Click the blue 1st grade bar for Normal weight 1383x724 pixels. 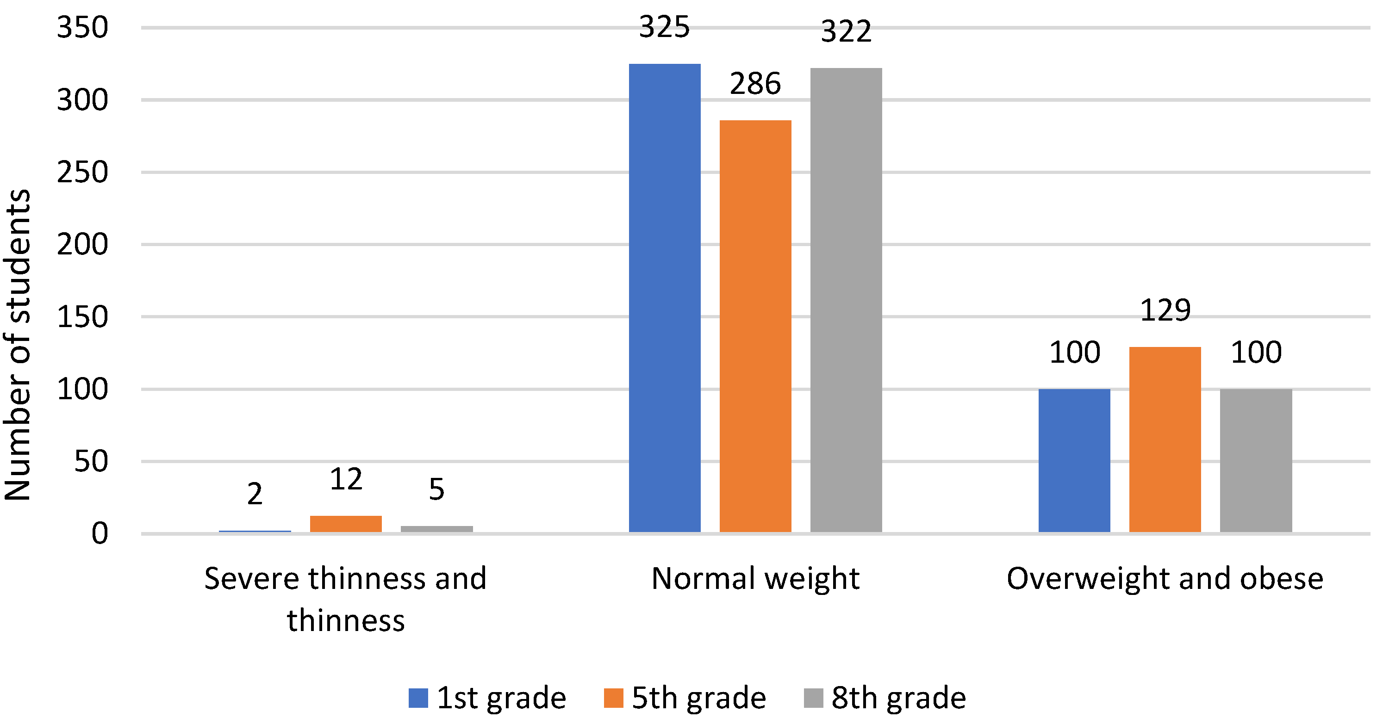point(664,298)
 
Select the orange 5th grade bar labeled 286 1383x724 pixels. point(755,326)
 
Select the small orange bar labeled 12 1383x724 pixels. point(346,523)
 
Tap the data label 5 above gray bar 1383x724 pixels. point(436,489)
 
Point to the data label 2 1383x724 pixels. point(255,493)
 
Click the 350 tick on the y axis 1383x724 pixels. point(82,27)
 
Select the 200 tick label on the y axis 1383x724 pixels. point(82,244)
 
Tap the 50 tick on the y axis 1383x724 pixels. point(91,461)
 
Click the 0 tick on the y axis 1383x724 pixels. point(100,533)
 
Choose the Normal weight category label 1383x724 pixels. point(755,579)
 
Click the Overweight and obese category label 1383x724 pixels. point(1165,579)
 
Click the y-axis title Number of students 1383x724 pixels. point(17,345)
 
